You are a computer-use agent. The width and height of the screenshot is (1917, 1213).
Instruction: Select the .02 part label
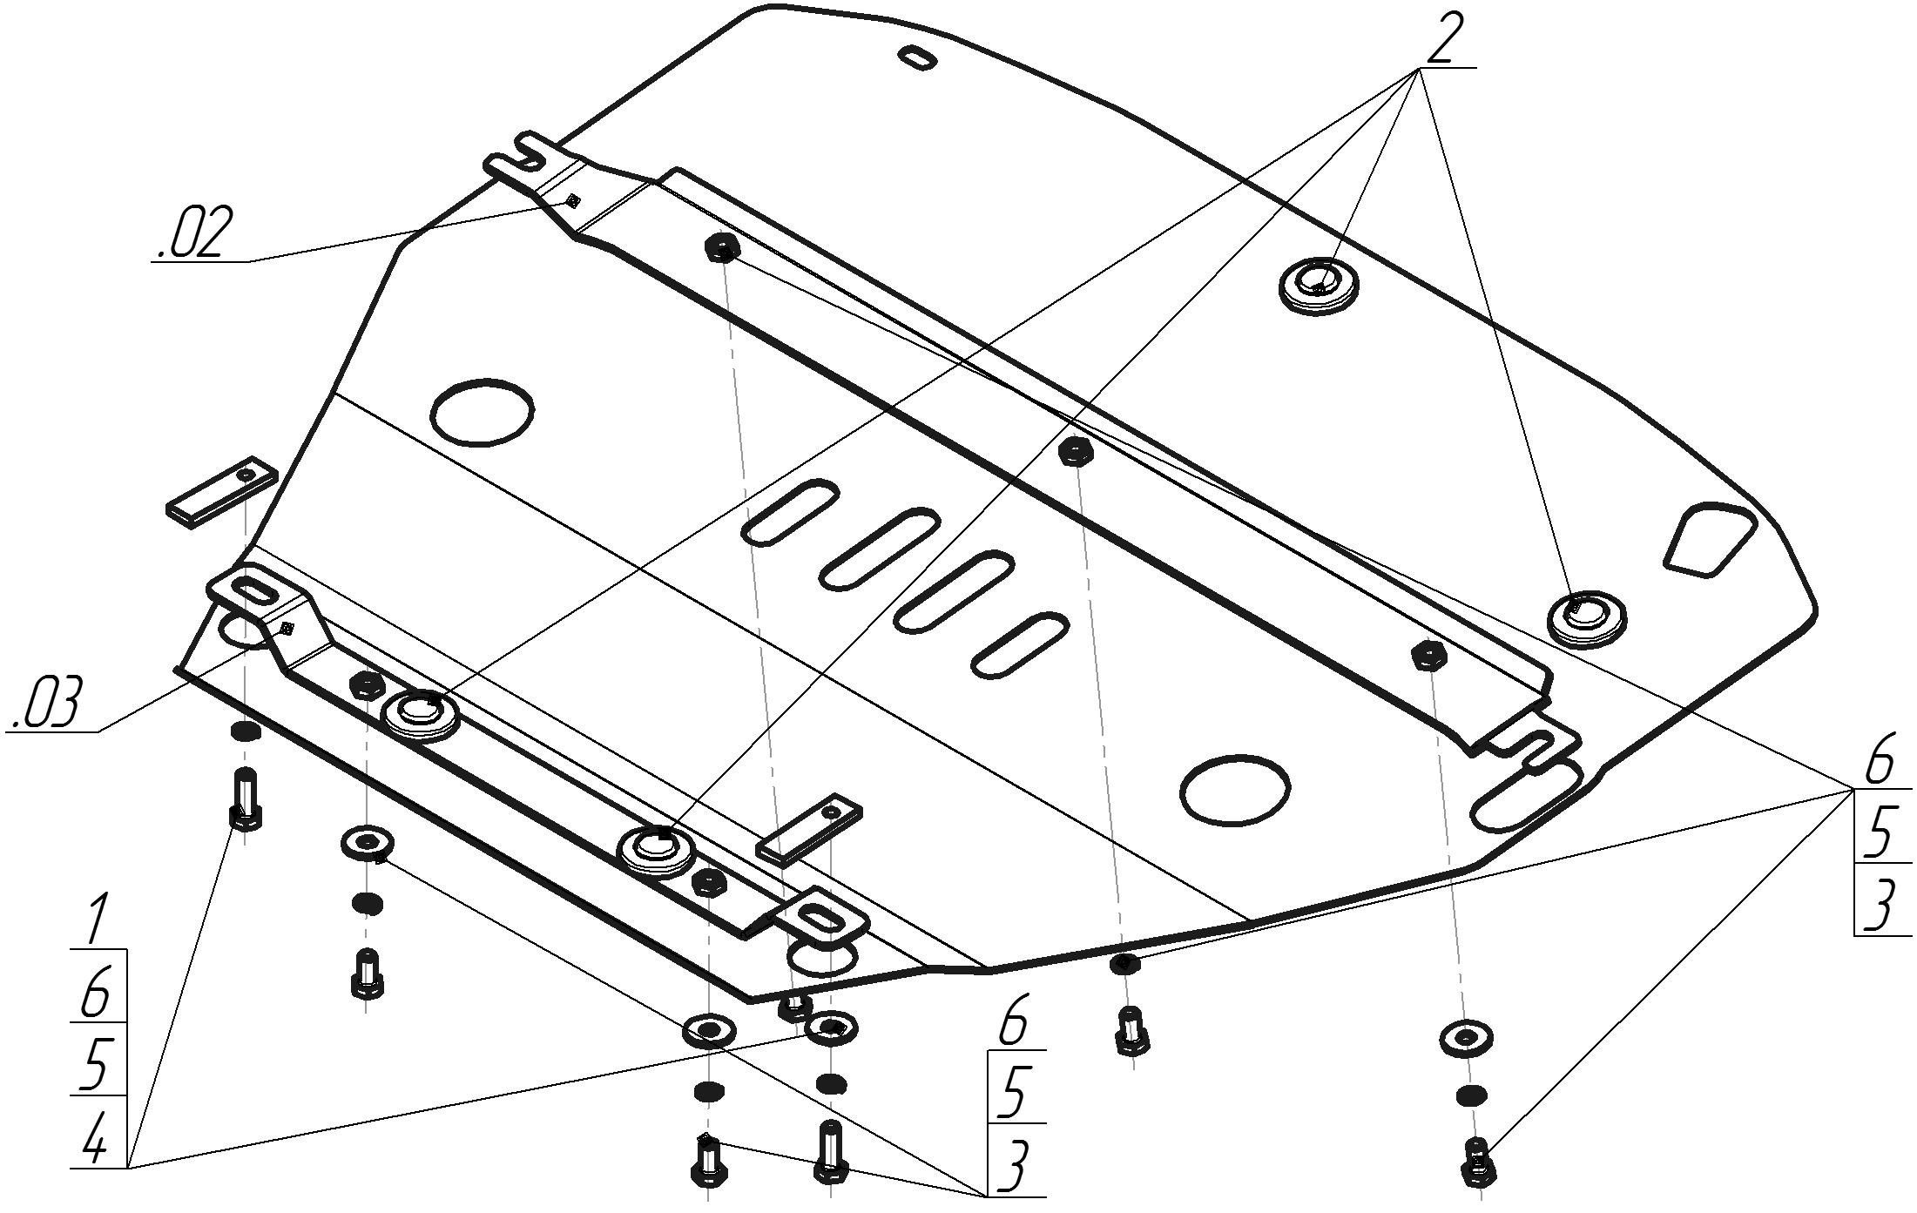pos(194,232)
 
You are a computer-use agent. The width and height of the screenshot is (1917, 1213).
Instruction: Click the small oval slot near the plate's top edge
pos(919,57)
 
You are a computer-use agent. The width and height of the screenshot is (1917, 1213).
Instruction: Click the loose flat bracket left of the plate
pos(223,491)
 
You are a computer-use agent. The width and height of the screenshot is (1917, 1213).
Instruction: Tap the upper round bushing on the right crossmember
pos(1319,283)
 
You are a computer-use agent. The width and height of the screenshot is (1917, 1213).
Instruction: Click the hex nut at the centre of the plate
pos(1076,451)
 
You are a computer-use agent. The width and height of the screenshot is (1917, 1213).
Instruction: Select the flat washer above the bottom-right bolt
pos(1467,1037)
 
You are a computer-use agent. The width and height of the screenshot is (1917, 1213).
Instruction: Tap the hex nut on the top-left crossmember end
pos(721,248)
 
